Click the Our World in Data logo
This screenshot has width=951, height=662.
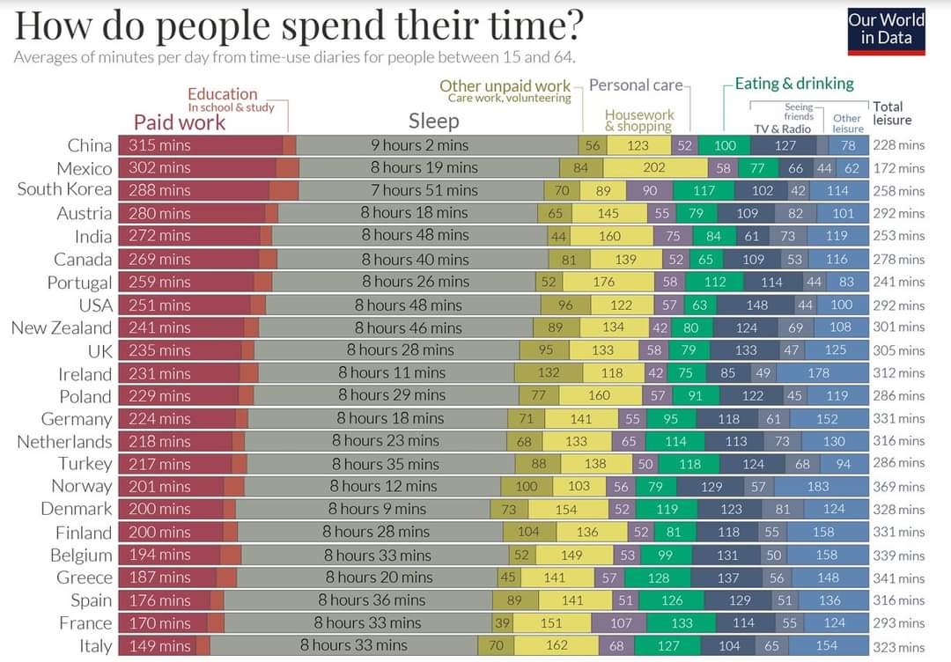[x=886, y=32]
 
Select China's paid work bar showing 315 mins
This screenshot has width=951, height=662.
[x=201, y=145]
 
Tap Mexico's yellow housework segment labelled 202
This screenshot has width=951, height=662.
[x=655, y=168]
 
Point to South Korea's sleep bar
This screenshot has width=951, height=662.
[x=422, y=190]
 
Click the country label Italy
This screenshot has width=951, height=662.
[x=96, y=646]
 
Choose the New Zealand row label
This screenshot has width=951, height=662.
[x=62, y=328]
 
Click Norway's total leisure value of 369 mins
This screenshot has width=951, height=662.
[x=899, y=487]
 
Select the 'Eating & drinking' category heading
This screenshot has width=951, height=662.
[x=794, y=84]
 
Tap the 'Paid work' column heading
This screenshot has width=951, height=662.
[x=180, y=122]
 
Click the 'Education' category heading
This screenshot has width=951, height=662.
[x=223, y=94]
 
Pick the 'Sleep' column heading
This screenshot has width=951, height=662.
[x=433, y=121]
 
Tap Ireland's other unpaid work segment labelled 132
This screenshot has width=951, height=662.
[x=549, y=373]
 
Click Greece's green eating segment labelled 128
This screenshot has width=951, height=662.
[x=658, y=577]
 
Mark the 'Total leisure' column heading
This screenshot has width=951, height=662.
[x=891, y=114]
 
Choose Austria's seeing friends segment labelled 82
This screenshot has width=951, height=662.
[x=795, y=213]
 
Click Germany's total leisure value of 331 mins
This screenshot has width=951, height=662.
[x=899, y=419]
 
